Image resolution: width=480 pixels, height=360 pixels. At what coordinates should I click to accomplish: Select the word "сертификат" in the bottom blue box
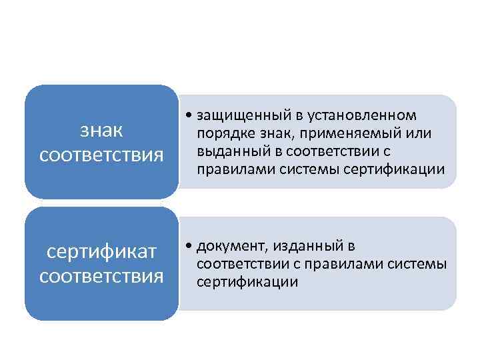pos(101,252)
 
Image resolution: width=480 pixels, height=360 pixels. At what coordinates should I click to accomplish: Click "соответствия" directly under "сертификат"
pos(101,275)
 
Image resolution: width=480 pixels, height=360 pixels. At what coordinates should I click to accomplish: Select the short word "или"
pos(419,134)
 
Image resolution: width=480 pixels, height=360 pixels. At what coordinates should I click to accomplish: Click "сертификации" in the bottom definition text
pos(247,282)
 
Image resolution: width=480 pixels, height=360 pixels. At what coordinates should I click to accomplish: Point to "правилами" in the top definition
pos(229,169)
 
